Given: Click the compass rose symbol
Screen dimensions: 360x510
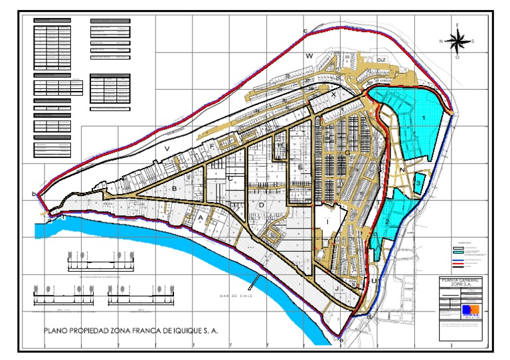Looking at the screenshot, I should (457, 41).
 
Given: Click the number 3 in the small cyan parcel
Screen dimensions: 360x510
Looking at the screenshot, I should (419, 179).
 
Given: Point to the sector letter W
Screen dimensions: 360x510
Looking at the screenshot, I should (309, 57).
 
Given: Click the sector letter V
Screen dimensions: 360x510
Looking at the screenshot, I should (168, 148).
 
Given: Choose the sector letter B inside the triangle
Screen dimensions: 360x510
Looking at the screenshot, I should (174, 190).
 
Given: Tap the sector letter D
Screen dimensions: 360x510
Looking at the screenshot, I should (262, 205).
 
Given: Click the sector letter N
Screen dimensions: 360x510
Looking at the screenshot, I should (403, 170).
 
